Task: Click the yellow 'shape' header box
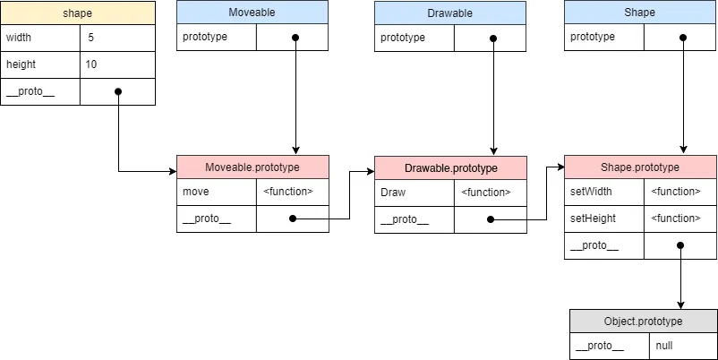coord(77,13)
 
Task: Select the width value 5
coord(90,38)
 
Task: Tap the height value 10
coord(91,64)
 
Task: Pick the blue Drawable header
coord(449,12)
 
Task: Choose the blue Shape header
coord(639,12)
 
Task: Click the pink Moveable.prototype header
coord(252,167)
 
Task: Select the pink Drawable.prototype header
coord(450,168)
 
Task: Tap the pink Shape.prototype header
coord(640,167)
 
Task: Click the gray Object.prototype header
coord(643,321)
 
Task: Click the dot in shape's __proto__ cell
coord(118,91)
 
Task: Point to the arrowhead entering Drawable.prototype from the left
coord(369,169)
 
